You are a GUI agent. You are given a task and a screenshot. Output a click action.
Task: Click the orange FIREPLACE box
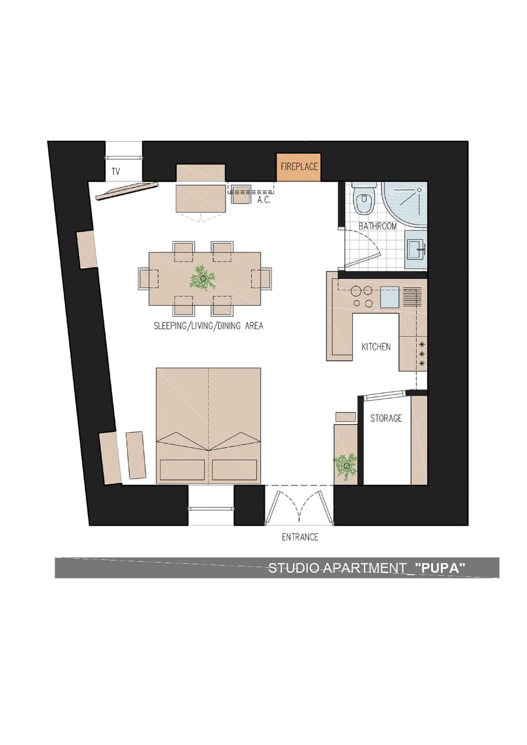299,167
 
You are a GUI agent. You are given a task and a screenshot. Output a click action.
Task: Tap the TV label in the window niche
115,172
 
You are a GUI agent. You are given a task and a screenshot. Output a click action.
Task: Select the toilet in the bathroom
365,198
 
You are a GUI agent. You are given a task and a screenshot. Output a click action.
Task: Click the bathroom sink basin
417,250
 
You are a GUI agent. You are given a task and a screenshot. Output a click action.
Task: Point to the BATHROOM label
377,226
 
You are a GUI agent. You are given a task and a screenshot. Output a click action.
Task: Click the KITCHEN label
376,347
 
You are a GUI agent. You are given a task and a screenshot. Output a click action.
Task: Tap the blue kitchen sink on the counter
389,297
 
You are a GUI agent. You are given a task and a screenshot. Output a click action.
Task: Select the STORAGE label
386,418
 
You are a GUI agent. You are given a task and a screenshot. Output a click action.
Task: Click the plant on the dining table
203,278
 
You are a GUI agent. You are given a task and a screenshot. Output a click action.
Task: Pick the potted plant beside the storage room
346,466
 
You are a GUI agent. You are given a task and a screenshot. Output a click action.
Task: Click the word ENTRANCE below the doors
300,537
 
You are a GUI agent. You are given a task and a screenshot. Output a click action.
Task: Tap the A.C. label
264,200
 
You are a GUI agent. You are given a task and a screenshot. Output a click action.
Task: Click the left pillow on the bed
182,470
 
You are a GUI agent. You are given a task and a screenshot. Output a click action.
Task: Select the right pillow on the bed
234,470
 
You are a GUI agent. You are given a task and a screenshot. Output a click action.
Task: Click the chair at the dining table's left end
148,279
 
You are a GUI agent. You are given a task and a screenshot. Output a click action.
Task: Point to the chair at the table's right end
261,278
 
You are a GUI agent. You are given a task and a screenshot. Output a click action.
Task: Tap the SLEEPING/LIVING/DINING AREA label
208,326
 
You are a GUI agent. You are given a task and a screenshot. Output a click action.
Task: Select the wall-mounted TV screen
127,191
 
